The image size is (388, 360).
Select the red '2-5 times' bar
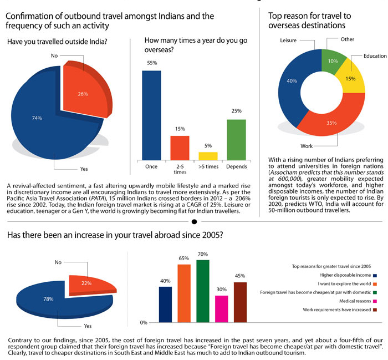[x=180, y=148]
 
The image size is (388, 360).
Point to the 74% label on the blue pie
[x=37, y=118]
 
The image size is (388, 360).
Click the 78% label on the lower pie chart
[x=49, y=299]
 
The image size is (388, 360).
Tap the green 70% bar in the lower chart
[x=203, y=291]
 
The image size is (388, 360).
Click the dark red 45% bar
[x=240, y=302]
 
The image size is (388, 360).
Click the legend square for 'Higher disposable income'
[x=375, y=275]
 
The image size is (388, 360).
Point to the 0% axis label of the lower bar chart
[x=142, y=322]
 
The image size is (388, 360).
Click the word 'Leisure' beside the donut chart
[x=288, y=41]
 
